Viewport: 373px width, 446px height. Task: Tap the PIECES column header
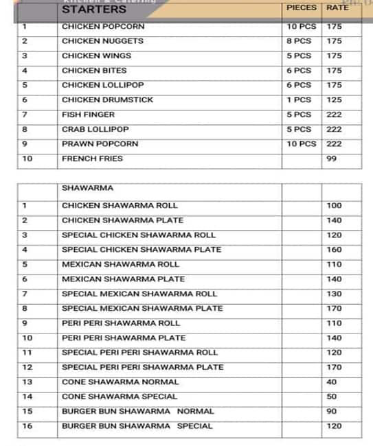click(x=301, y=8)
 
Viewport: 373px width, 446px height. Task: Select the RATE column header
click(x=337, y=8)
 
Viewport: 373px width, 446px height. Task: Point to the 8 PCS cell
click(x=299, y=41)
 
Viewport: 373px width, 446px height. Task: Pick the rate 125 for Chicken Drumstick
click(x=335, y=99)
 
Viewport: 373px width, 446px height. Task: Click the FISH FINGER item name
click(x=88, y=115)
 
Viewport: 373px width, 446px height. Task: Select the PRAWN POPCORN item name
click(x=100, y=144)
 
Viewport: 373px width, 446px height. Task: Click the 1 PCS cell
click(x=299, y=99)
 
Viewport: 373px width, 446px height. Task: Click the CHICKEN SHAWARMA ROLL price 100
click(x=335, y=206)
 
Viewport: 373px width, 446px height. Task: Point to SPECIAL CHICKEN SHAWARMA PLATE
click(x=142, y=250)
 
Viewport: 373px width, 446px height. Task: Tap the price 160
click(x=335, y=250)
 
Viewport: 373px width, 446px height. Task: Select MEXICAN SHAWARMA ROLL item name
click(x=120, y=264)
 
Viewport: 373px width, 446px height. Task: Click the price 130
click(x=335, y=294)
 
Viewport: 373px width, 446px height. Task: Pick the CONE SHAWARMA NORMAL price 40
click(x=332, y=382)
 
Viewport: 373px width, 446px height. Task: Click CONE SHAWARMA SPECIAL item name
click(x=120, y=397)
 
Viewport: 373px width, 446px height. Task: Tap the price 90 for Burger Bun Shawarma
click(x=332, y=412)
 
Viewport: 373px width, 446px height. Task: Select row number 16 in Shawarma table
click(x=27, y=426)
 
